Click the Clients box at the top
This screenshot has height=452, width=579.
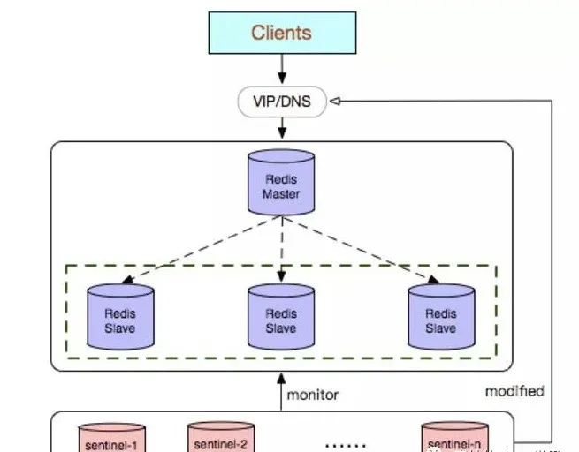coord(281,33)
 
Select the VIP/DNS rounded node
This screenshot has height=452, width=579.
coord(281,101)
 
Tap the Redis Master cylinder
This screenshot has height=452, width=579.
coord(281,183)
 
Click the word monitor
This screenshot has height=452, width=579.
coord(312,395)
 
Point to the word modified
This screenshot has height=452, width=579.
coord(514,390)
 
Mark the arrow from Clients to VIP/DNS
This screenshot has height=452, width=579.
coord(281,69)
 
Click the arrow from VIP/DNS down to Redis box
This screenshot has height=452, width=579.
coord(281,128)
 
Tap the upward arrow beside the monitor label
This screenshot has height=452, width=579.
coord(281,392)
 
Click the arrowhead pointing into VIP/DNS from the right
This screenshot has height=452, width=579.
coord(335,101)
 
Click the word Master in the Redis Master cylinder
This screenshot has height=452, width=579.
coord(281,193)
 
